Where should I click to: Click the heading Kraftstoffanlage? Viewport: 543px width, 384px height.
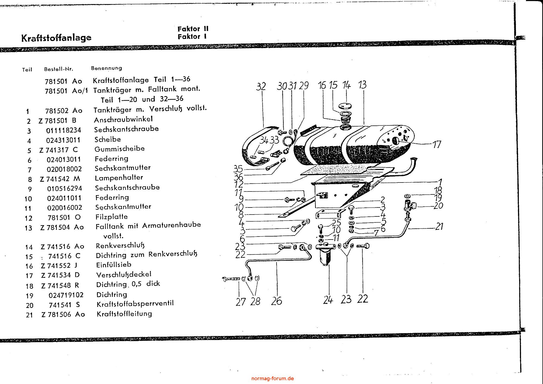(x=56, y=38)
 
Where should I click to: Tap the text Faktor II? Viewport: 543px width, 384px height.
(x=193, y=29)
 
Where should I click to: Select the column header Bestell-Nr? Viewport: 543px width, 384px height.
(x=59, y=69)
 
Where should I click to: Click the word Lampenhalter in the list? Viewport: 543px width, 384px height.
(x=119, y=178)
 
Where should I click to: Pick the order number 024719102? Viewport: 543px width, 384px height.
(x=66, y=295)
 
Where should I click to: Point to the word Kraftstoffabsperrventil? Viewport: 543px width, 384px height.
(x=135, y=304)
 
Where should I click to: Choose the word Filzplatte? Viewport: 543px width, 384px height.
(x=112, y=217)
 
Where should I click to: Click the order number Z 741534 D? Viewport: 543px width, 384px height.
(x=60, y=275)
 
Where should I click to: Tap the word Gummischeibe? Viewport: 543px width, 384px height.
(x=120, y=149)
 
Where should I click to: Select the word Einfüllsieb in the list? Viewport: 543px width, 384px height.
(x=114, y=265)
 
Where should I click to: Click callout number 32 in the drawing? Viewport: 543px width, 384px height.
(x=261, y=86)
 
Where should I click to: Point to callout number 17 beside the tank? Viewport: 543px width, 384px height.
(x=437, y=144)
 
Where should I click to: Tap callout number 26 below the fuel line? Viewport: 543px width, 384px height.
(x=277, y=301)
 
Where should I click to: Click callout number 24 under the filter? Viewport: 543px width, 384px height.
(x=328, y=300)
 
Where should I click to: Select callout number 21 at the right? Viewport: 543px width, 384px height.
(x=439, y=226)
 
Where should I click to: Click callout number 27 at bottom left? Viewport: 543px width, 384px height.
(x=240, y=301)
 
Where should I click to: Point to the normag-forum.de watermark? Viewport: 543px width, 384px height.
(x=272, y=378)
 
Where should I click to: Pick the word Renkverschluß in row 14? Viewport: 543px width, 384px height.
(x=120, y=246)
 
